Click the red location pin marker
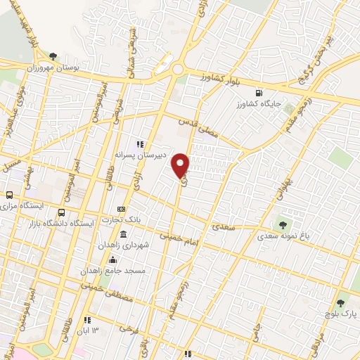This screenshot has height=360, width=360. point(181,165)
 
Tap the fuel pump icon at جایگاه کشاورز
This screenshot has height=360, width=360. point(259,92)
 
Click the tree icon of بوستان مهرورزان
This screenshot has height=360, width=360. point(53,55)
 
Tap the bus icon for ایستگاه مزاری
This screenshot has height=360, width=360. point(10,195)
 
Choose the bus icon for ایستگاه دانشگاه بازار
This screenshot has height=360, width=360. point(62,212)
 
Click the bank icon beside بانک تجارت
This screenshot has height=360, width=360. point(122,209)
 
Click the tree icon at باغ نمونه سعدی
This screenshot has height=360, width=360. point(283,225)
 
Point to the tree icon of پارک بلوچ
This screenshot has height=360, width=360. point(340,303)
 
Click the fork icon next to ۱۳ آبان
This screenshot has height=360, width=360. point(88,319)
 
